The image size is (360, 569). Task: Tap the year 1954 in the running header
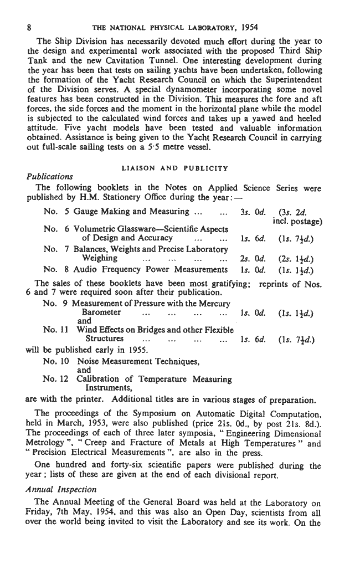coord(248,27)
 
